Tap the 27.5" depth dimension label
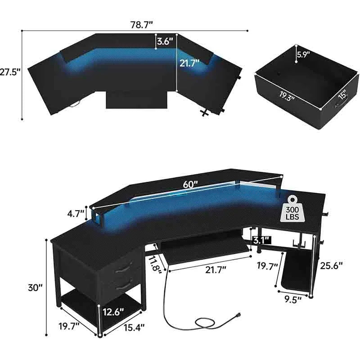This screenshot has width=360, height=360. pyautogui.click(x=10, y=72)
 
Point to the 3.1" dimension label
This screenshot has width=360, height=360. pyautogui.click(x=261, y=239)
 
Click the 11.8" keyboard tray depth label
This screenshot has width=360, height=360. pyautogui.click(x=156, y=263)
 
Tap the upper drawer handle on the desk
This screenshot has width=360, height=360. pyautogui.click(x=120, y=270)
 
